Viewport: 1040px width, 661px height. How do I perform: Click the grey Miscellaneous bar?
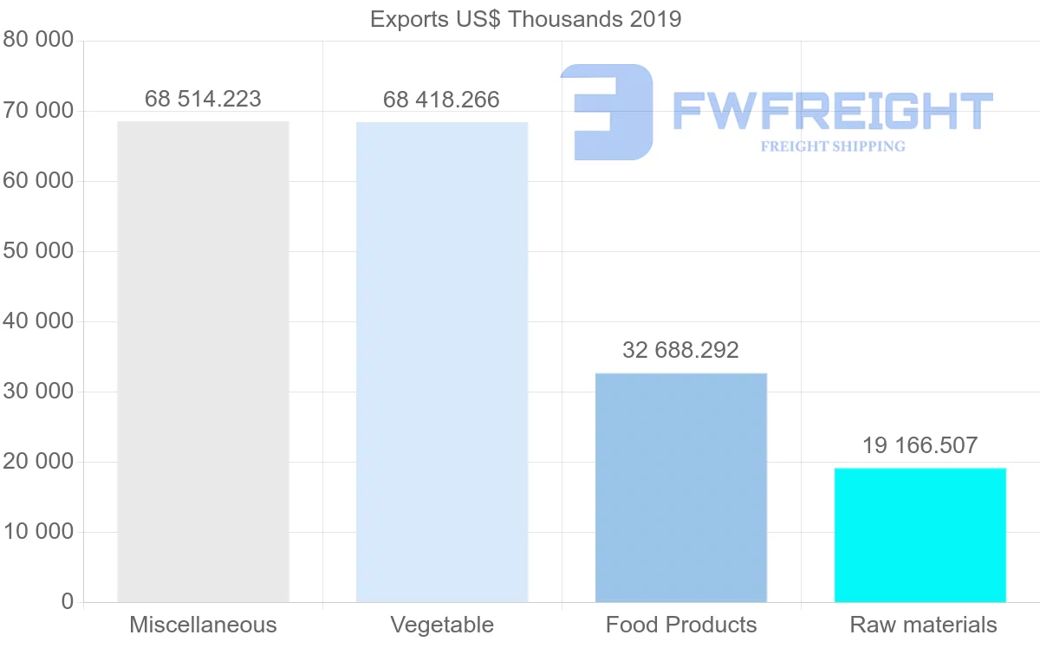[203, 361]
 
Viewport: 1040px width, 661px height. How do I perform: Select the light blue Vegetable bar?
[442, 361]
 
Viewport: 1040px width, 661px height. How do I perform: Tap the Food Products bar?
[681, 487]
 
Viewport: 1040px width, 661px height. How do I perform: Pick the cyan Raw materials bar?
[920, 535]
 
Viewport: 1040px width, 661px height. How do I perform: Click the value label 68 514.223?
[203, 100]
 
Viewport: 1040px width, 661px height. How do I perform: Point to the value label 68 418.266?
[441, 100]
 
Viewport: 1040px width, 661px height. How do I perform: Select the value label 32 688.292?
[680, 351]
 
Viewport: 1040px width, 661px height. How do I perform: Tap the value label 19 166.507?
[920, 446]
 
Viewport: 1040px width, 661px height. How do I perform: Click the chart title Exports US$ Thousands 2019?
[526, 19]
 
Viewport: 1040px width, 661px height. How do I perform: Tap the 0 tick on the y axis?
[68, 602]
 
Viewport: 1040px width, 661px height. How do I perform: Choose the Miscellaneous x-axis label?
[203, 625]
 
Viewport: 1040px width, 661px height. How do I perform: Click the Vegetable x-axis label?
[442, 625]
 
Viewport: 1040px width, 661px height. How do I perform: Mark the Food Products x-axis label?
[681, 625]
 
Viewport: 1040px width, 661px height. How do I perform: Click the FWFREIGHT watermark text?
[833, 111]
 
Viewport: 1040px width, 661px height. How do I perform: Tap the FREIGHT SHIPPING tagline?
[833, 146]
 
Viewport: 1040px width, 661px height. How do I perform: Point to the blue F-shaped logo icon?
[607, 112]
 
